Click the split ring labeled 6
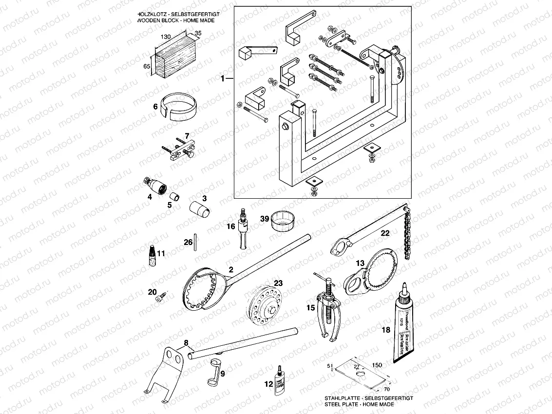tap(179, 105)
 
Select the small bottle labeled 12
tap(279, 382)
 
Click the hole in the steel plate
tap(360, 373)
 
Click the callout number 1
tap(223, 78)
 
